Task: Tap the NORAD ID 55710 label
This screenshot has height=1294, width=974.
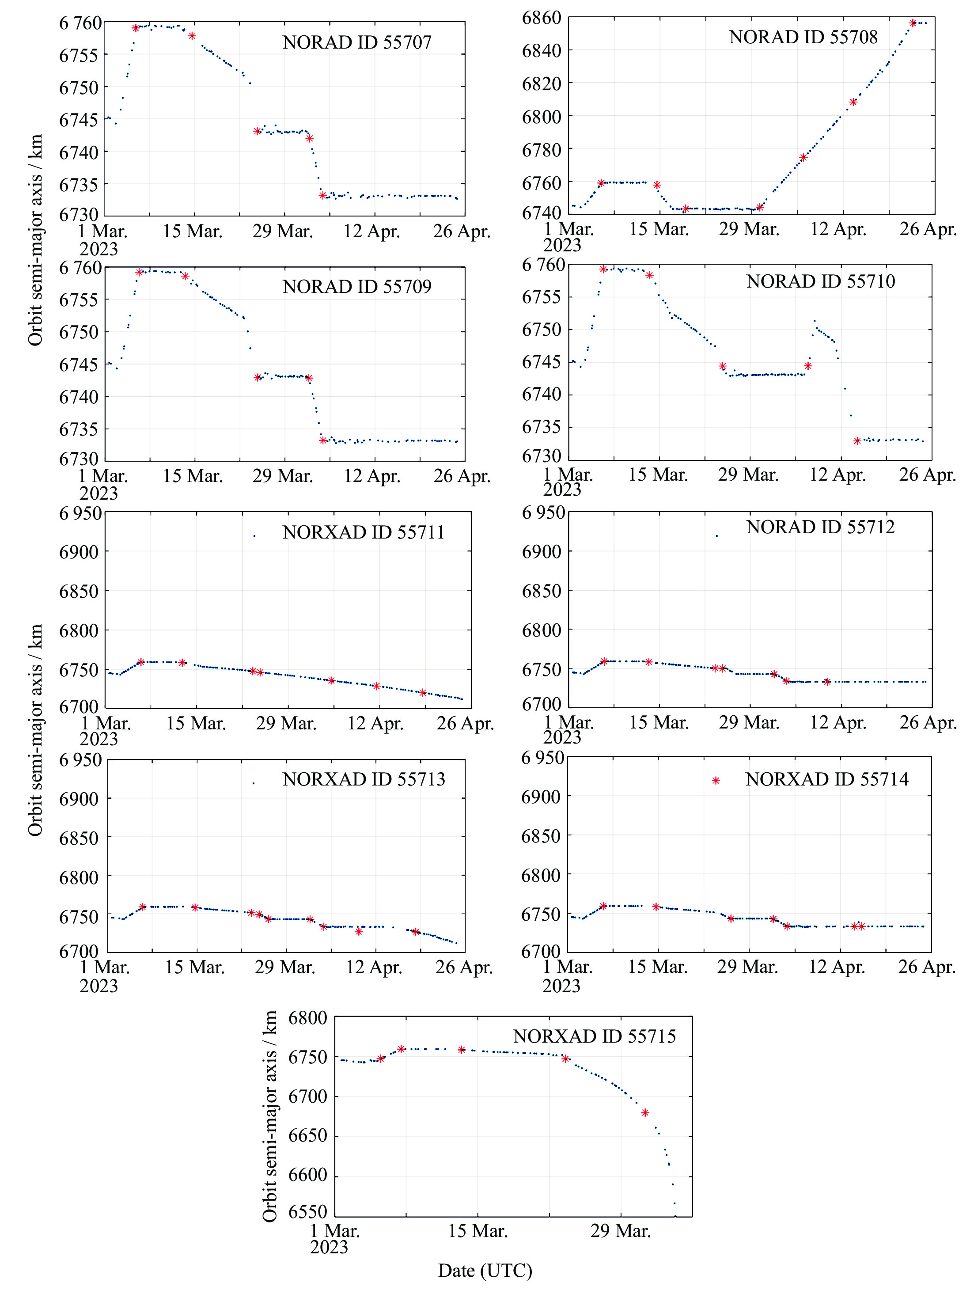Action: (820, 281)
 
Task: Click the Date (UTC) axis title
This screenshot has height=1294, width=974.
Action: (485, 1270)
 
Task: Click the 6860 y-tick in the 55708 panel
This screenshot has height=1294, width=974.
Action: (541, 18)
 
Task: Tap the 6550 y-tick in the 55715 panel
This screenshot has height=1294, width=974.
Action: (307, 1212)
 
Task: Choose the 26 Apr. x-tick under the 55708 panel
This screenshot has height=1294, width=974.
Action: (928, 229)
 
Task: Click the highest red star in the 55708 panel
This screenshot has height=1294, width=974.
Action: (913, 23)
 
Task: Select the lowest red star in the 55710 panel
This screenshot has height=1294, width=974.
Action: (857, 441)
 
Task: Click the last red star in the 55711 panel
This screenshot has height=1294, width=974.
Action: (423, 693)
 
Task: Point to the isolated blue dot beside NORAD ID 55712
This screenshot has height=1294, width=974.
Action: (716, 535)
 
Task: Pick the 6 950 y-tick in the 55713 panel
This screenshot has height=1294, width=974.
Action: (80, 760)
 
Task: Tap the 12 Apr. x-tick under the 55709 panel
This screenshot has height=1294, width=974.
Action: (371, 476)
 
